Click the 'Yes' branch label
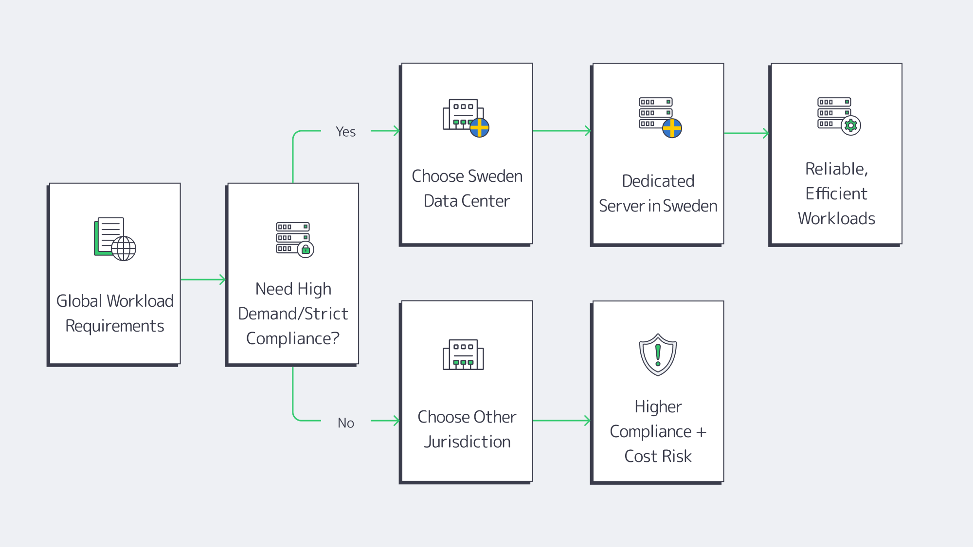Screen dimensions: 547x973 (x=345, y=132)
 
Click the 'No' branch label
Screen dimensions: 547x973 (x=345, y=423)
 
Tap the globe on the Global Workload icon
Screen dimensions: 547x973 (x=124, y=248)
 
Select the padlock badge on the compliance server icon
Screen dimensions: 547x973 (x=306, y=250)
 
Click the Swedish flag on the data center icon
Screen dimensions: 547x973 (x=479, y=128)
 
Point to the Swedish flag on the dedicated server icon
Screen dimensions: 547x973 (x=672, y=128)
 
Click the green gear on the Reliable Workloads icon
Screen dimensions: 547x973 (x=851, y=125)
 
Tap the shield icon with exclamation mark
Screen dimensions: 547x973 (x=658, y=354)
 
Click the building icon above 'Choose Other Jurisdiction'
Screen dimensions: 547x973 (x=463, y=355)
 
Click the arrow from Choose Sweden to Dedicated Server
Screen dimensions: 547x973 (x=562, y=131)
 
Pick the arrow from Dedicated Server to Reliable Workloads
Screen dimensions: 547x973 (x=746, y=133)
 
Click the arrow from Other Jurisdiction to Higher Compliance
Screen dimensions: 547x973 (x=562, y=421)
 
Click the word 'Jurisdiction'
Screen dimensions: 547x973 (x=467, y=442)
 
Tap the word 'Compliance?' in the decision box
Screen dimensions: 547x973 (x=293, y=338)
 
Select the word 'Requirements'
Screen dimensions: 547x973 (x=115, y=326)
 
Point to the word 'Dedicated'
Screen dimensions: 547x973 (x=658, y=181)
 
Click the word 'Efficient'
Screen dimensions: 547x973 (x=836, y=194)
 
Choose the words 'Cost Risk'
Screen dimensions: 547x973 (x=658, y=457)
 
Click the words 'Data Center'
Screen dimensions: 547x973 (x=467, y=201)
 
